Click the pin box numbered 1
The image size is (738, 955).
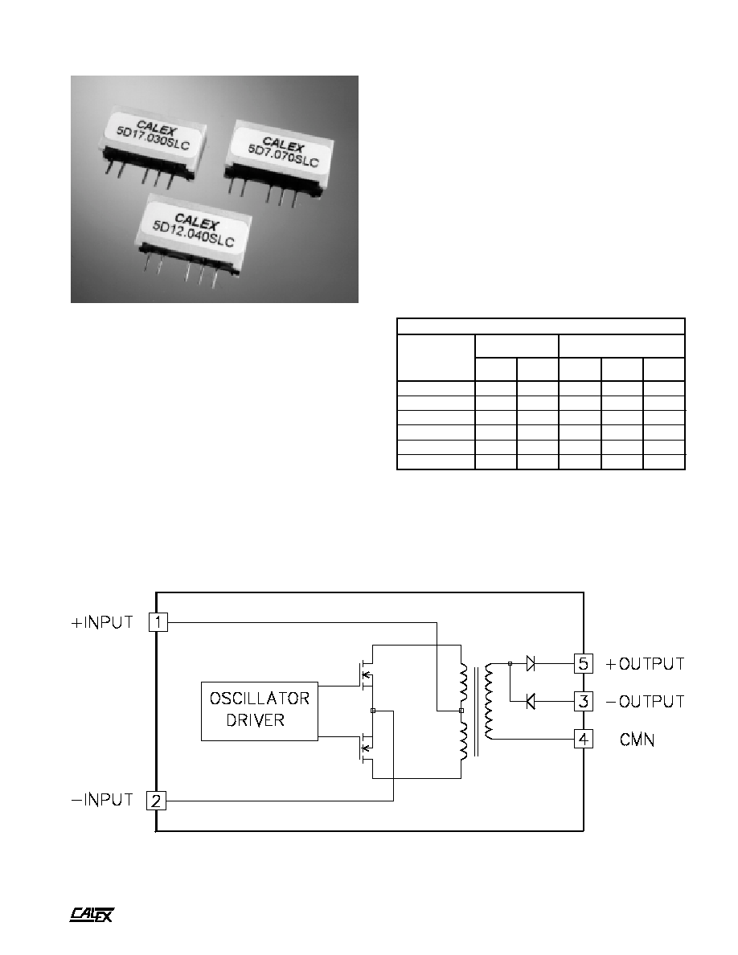[x=158, y=622]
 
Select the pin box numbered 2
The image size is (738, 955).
[x=156, y=801]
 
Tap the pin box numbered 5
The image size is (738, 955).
[x=584, y=663]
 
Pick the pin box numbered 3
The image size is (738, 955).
[x=584, y=702]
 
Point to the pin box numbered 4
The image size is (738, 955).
[x=584, y=740]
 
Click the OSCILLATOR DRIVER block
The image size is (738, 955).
[x=260, y=711]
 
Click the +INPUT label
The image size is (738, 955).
[x=102, y=622]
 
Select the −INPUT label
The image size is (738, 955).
[x=102, y=800]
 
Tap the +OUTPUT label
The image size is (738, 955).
[x=645, y=664]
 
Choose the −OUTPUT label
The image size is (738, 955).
[x=645, y=702]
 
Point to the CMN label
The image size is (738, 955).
[x=637, y=740]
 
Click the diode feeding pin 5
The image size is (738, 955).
[x=531, y=663]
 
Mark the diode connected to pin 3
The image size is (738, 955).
[x=531, y=702]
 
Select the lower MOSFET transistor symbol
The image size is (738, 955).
[x=365, y=748]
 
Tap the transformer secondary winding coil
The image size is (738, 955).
[x=488, y=700]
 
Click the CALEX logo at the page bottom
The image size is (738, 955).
[x=92, y=915]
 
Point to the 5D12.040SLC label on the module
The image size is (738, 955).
[x=194, y=230]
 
